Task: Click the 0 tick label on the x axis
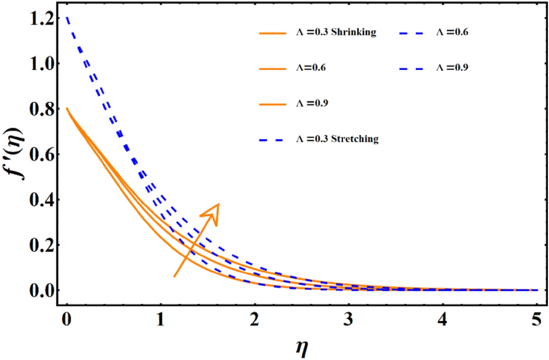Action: coord(66,320)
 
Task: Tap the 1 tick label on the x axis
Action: coord(160,320)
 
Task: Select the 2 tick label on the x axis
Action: coord(254,320)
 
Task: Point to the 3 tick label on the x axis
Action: coord(348,320)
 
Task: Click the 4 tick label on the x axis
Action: coord(442,320)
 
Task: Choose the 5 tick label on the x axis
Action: coord(536,320)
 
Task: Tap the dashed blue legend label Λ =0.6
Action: coord(452,33)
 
